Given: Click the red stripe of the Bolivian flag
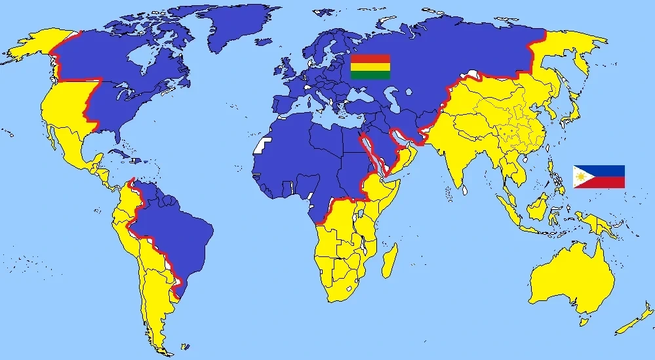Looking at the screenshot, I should click(x=370, y=58).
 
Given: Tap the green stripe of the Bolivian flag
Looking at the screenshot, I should click(x=370, y=75).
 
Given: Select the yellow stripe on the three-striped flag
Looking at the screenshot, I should click(x=370, y=67).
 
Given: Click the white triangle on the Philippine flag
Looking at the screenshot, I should click(x=580, y=176).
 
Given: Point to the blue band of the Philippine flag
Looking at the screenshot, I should click(x=606, y=170).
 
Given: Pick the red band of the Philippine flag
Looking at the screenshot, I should click(x=606, y=182).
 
